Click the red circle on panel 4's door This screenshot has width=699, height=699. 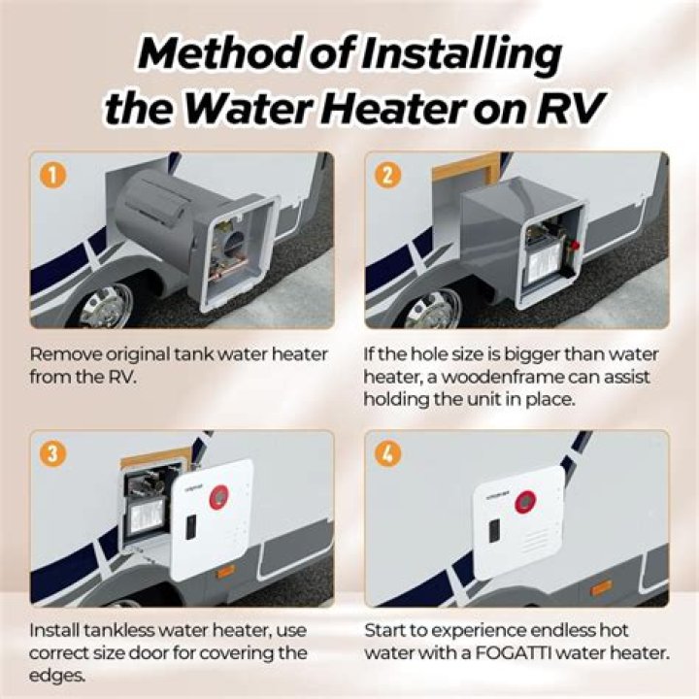524,501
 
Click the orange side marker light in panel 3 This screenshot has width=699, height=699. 225,571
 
